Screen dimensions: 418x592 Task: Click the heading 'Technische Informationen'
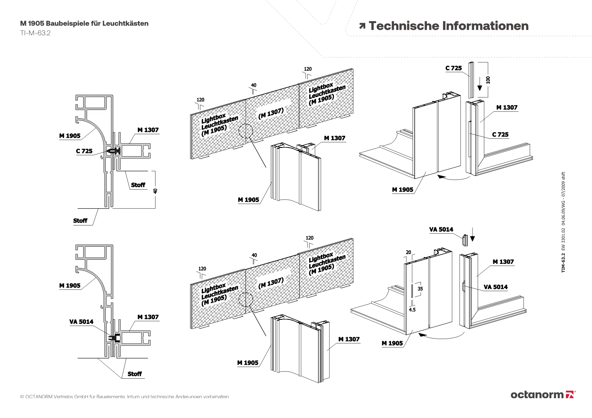coord(448,26)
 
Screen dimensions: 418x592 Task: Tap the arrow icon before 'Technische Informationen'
coord(362,26)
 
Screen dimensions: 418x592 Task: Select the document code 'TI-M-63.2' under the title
coord(35,33)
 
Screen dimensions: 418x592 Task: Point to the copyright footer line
coord(125,396)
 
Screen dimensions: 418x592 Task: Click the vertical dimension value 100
coord(488,80)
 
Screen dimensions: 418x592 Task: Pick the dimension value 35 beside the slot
coord(420,289)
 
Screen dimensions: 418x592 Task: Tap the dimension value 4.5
coord(412,310)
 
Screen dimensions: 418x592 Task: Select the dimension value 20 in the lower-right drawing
coord(408,252)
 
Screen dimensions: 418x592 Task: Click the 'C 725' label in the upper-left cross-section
coord(84,151)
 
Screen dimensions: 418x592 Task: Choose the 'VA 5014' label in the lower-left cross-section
coord(81,322)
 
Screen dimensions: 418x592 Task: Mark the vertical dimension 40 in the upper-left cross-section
coord(155,191)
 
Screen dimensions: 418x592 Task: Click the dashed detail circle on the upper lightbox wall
coord(246,131)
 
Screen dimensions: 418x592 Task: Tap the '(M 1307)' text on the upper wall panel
coord(271,114)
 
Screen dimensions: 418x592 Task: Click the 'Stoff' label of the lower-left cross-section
coord(134,374)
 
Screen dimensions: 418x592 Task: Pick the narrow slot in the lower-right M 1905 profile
coord(412,292)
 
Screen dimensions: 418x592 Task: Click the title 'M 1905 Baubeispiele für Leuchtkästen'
coord(84,23)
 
